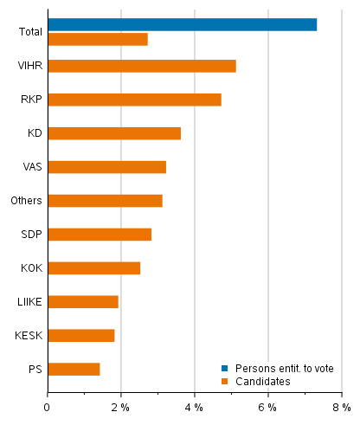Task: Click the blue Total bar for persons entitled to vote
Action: [x=182, y=24]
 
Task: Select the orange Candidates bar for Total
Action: [x=98, y=39]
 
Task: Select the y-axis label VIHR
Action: [x=31, y=66]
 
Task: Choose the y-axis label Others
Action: [x=28, y=201]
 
